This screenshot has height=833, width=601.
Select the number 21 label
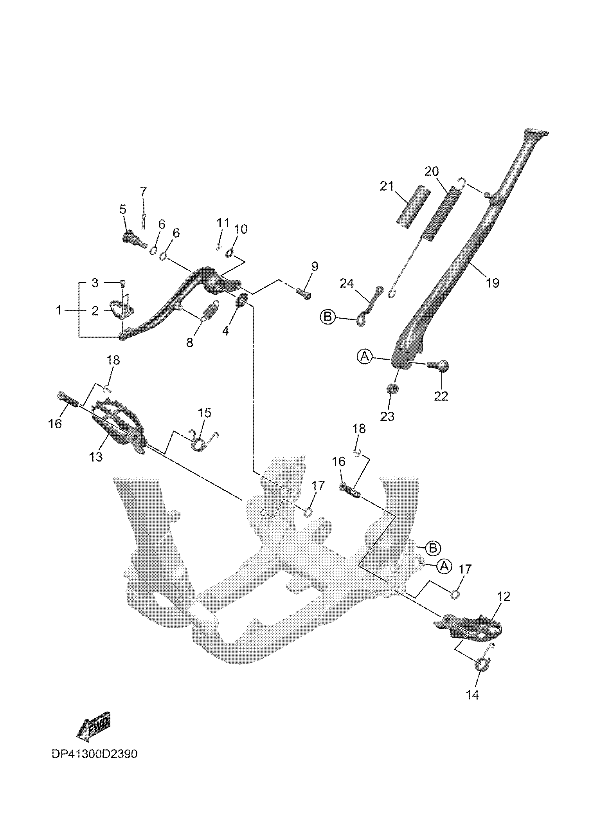coord(387,186)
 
